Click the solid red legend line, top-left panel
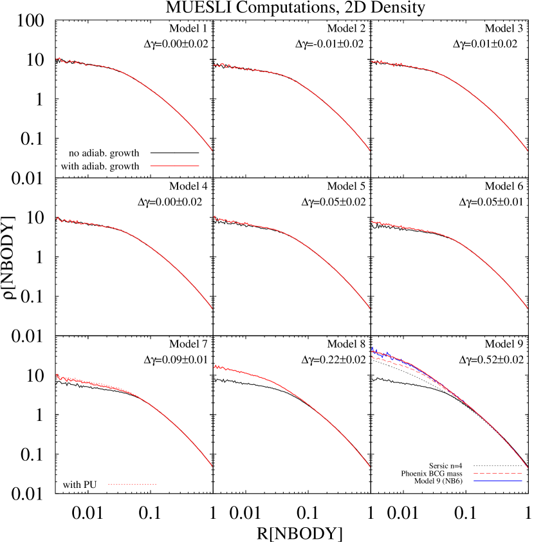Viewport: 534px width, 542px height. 174,166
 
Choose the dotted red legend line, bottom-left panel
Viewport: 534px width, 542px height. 132,484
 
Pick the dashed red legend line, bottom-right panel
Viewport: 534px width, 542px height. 497,473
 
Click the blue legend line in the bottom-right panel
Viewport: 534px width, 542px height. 497,481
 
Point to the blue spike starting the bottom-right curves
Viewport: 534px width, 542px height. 373,348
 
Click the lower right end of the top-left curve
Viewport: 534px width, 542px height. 212,151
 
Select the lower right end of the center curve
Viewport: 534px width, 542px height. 369,308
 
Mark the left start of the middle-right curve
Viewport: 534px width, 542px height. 373,222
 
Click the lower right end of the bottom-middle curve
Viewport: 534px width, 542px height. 369,466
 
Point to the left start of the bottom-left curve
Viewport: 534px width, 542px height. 57,375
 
